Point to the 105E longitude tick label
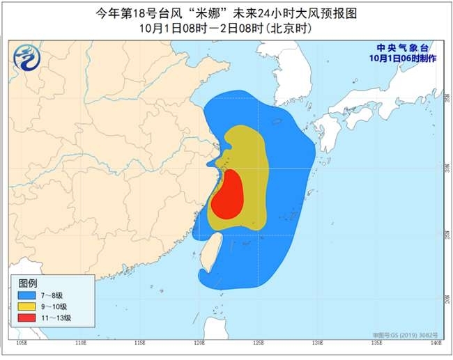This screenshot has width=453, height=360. (22, 343)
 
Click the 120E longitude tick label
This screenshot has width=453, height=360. (199, 343)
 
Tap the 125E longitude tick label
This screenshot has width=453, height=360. (259, 343)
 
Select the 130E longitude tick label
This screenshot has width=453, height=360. (318, 343)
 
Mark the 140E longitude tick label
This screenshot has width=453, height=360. (436, 343)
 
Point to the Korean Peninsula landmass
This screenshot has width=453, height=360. (293, 77)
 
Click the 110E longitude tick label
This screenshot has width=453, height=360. (81, 343)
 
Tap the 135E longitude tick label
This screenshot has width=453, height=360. (377, 343)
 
